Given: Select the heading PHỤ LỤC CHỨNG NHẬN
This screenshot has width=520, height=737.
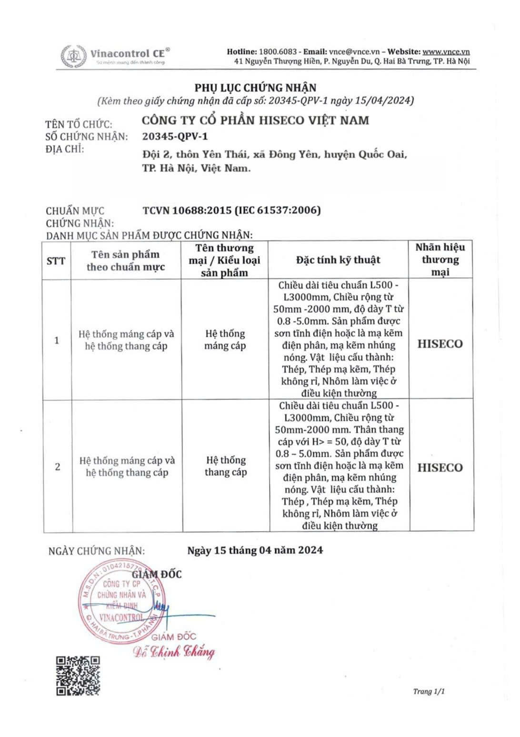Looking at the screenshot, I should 255,88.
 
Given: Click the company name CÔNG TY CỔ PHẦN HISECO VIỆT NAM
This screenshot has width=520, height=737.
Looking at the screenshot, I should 255,120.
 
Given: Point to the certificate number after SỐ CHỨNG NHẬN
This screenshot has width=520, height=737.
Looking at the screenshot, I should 175,137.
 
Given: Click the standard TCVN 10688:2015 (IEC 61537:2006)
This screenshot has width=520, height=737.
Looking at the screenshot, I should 231,210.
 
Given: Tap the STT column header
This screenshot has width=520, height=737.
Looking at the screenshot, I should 56,261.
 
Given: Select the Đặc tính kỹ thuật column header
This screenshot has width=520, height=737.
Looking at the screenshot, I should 338,260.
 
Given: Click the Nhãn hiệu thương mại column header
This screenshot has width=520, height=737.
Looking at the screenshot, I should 440,260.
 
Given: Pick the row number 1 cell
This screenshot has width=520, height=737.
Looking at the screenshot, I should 57,340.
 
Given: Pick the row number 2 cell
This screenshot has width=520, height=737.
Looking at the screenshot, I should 58,466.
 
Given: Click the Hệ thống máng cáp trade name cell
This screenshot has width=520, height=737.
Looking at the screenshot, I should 225,340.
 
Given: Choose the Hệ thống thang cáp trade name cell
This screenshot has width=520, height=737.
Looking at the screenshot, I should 226,466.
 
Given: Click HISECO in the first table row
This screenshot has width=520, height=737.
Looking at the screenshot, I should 440,344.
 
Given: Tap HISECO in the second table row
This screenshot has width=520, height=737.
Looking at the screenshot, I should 440,468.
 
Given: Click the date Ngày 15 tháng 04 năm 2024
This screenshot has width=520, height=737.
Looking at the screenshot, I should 255,550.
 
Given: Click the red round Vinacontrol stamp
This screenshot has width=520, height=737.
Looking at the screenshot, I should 119,602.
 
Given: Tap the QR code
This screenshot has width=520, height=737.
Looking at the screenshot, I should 78,676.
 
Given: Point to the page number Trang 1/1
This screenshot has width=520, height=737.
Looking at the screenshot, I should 429,692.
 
